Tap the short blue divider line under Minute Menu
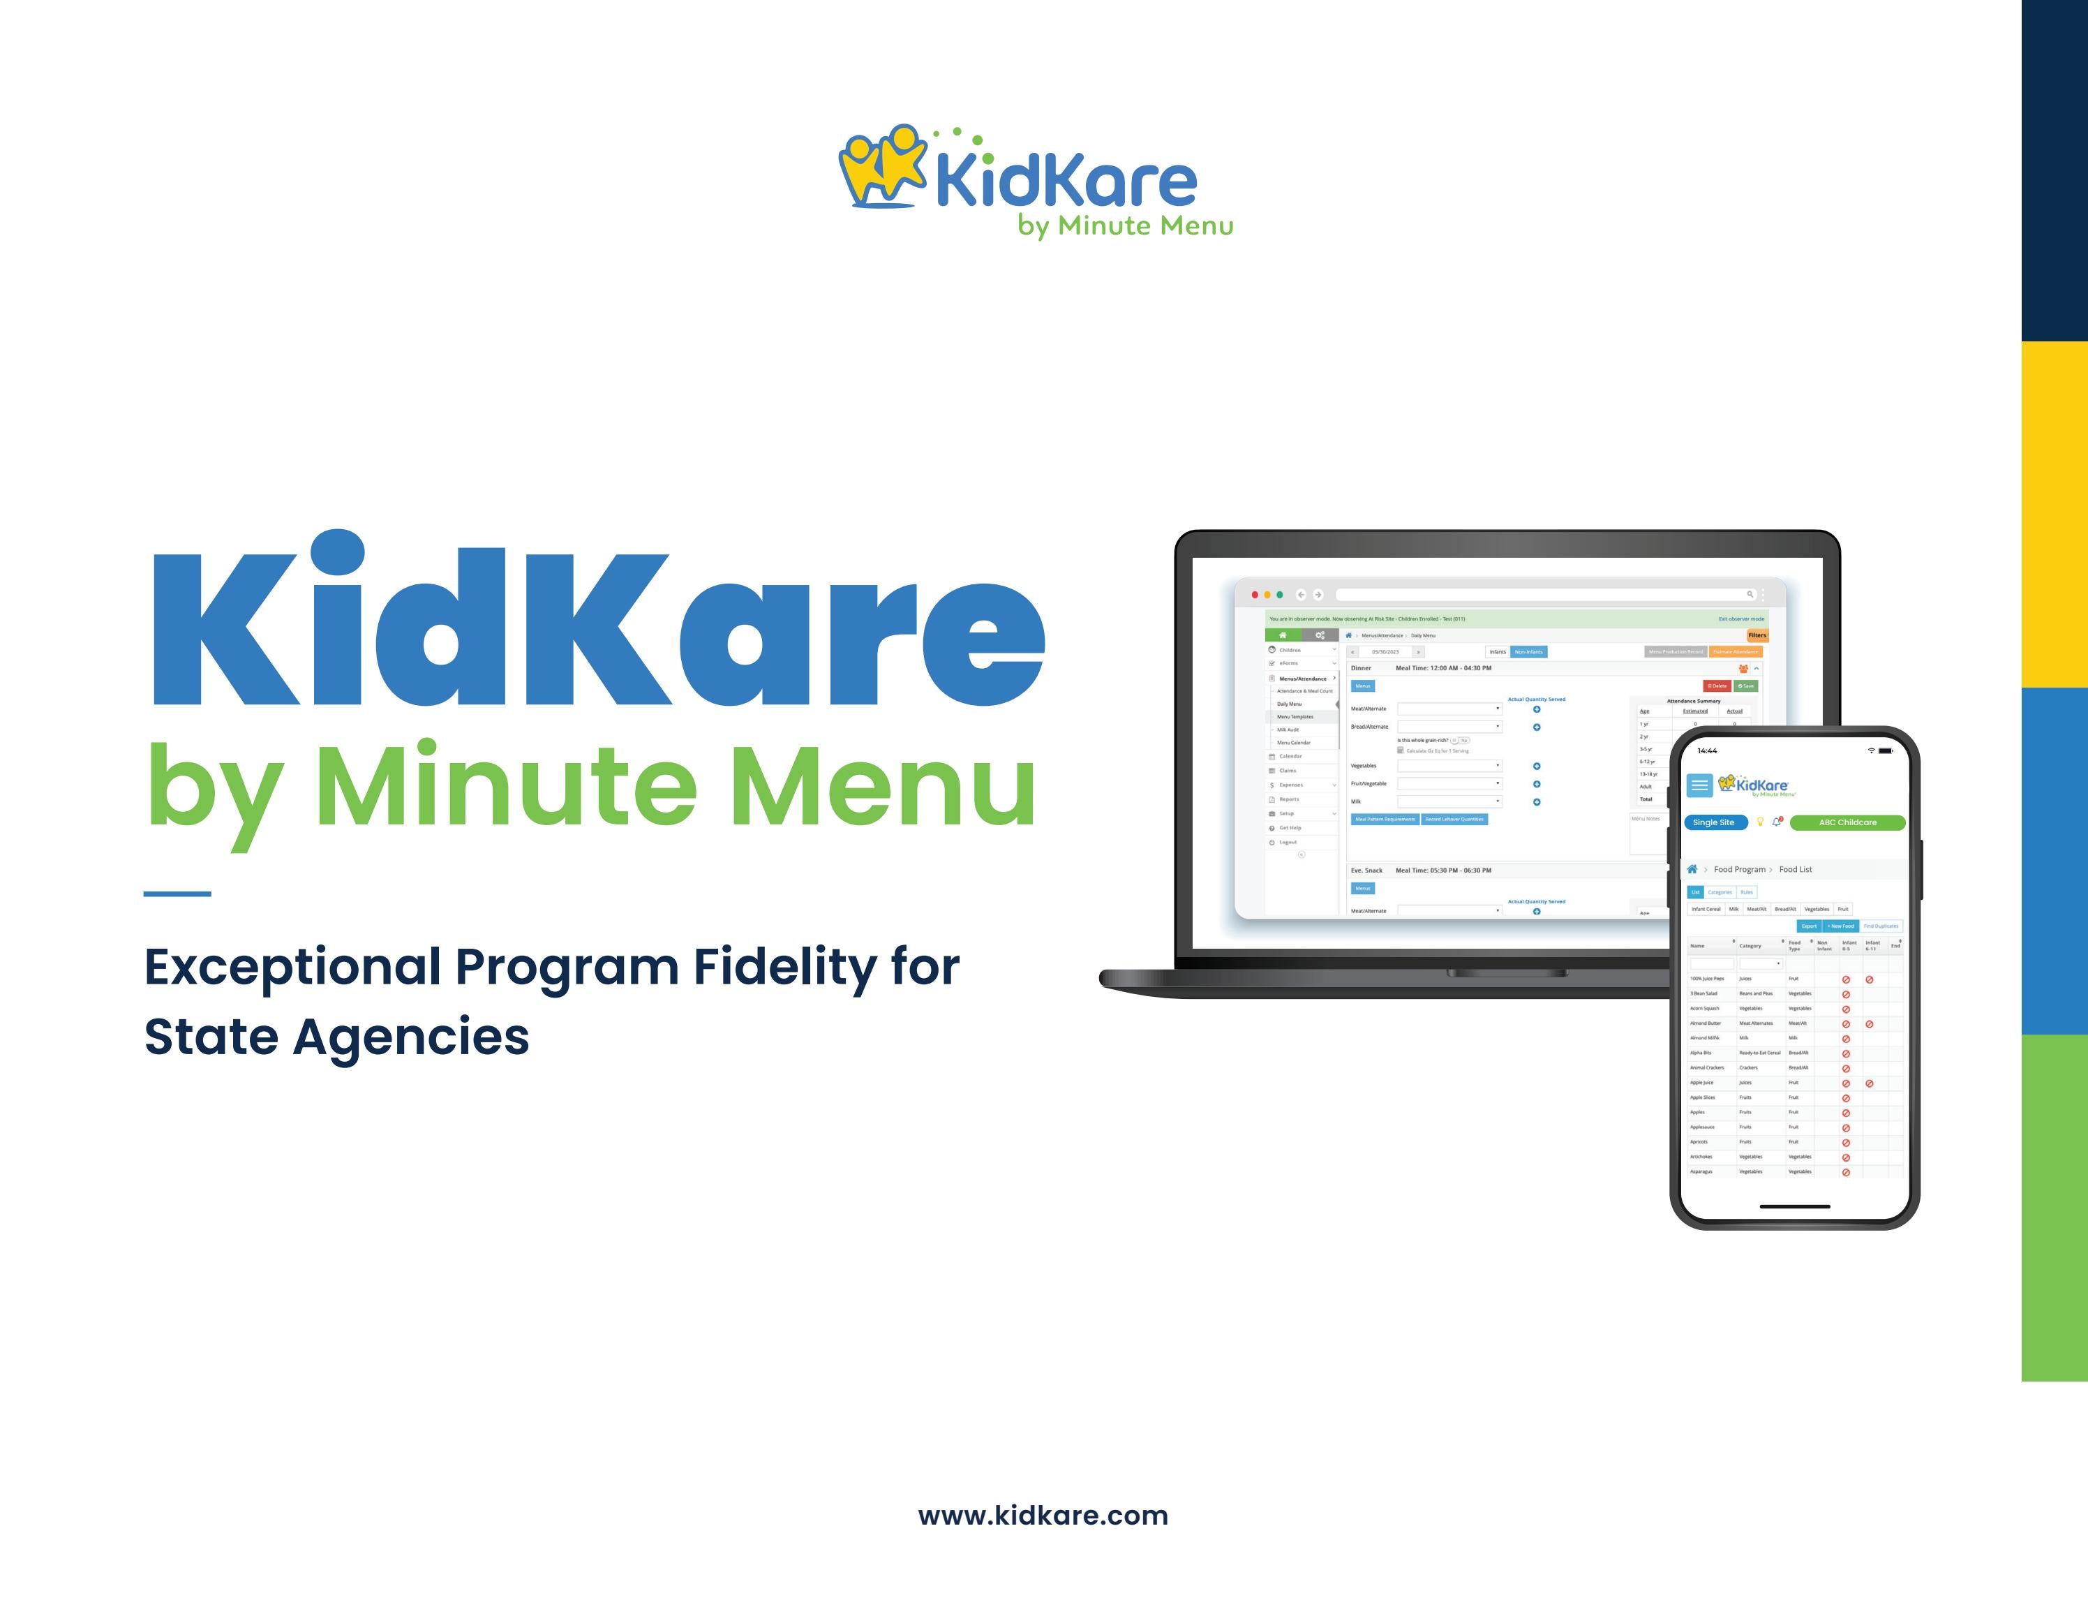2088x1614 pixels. click(x=177, y=894)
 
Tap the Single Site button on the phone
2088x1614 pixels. click(x=1713, y=822)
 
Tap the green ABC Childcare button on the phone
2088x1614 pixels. click(x=1847, y=822)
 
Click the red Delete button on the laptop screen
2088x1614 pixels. click(x=1717, y=686)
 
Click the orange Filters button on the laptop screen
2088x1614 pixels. click(x=1757, y=635)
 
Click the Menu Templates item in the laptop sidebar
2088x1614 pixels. click(x=1295, y=716)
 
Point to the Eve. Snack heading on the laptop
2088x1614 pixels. click(x=1366, y=870)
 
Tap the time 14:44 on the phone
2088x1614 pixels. click(x=1708, y=750)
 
